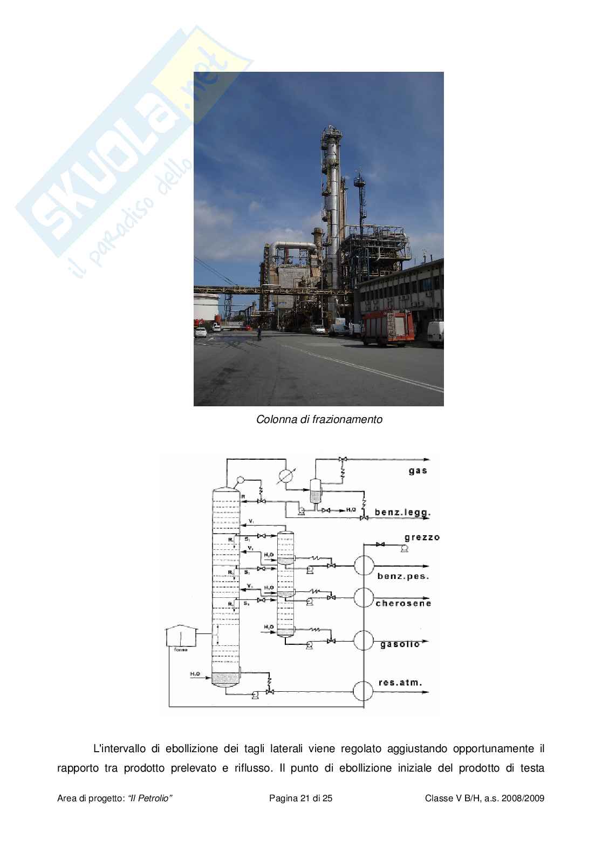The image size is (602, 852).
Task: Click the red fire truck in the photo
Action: (x=387, y=328)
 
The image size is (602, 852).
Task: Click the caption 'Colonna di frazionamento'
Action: (x=319, y=419)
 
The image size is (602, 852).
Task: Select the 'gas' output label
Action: (x=418, y=471)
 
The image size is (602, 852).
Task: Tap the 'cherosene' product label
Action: (x=404, y=603)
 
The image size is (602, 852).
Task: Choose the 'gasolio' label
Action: (x=400, y=644)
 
